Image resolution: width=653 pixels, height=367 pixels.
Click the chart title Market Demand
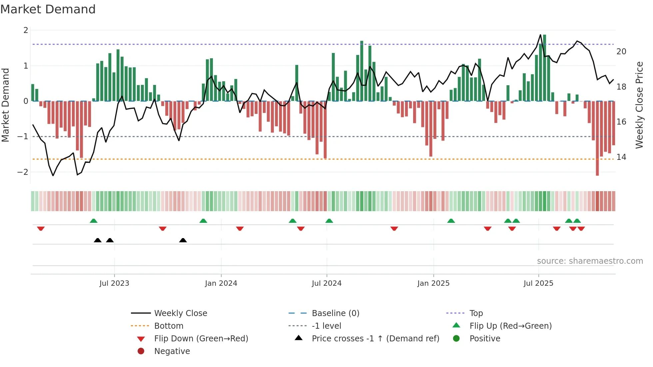click(48, 9)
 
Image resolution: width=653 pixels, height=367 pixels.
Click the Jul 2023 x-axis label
click(114, 283)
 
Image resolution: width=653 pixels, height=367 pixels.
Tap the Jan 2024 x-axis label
click(221, 283)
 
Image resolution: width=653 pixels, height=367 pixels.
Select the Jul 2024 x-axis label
click(326, 283)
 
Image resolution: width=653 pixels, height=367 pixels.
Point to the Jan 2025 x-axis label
click(433, 283)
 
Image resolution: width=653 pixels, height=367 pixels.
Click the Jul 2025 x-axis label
click(538, 283)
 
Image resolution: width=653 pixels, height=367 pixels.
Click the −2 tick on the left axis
click(23, 172)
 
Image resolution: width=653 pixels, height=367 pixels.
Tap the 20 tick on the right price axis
click(621, 52)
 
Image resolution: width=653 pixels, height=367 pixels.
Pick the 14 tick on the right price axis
click(621, 157)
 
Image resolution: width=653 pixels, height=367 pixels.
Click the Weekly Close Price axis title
click(639, 105)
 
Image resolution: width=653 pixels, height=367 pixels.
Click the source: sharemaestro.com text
click(590, 261)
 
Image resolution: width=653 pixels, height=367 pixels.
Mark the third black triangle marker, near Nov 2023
click(183, 240)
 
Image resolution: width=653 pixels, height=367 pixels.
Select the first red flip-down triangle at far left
click(41, 228)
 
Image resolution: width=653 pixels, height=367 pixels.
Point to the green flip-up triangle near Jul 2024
click(329, 221)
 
